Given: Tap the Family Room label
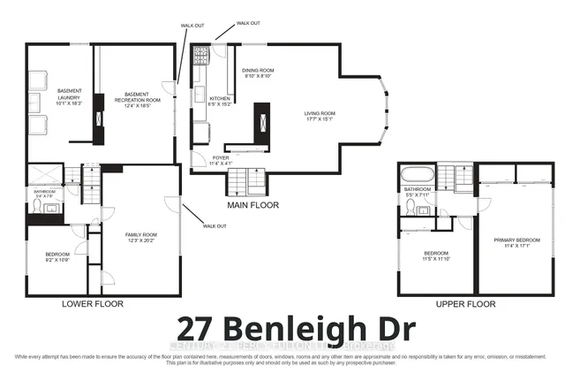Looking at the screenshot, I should coord(141,237).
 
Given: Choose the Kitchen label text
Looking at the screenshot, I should coord(218,100).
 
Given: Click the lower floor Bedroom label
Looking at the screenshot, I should coord(59,258).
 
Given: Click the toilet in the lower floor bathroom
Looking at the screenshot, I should coord(36,206).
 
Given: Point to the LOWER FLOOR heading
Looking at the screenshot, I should coord(93,303).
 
